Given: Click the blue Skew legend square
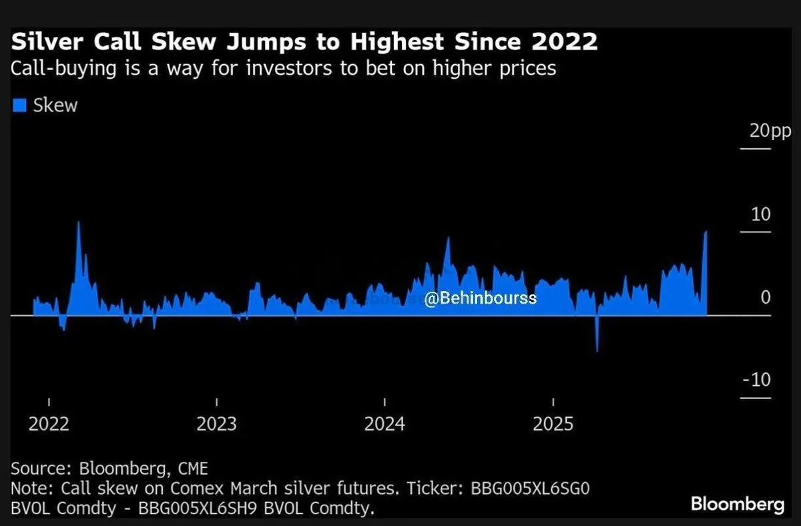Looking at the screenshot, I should tap(19, 105).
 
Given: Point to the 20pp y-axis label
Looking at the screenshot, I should tap(770, 130).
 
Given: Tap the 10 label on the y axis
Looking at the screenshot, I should tap(761, 214).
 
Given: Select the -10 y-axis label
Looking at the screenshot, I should tap(756, 380).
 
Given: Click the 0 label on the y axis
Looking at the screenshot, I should tap(766, 297).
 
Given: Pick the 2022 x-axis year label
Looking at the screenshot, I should tap(49, 424).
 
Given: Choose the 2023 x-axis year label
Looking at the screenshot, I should tap(216, 424).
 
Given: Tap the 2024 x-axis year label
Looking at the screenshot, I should tap(384, 424).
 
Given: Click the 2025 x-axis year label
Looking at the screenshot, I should tap(553, 424).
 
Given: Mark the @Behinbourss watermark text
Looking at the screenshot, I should tap(480, 298).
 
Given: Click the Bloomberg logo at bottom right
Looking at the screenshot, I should tap(738, 504).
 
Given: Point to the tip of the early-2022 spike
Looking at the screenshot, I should tap(79, 222).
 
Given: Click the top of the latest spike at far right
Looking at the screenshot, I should tap(706, 232).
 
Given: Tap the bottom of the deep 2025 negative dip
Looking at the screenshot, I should tap(597, 350).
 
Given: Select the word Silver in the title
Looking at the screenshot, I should tap(44, 43).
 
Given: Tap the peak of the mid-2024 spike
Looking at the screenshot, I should tap(448, 238).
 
